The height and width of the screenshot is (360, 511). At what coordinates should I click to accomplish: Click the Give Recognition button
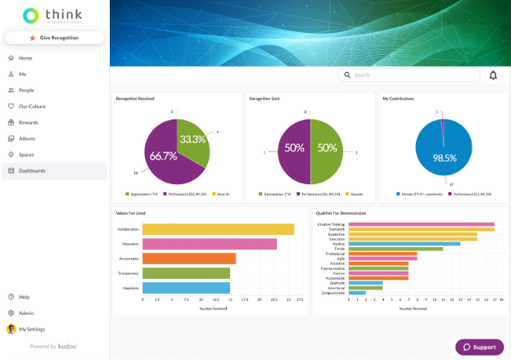click(54, 38)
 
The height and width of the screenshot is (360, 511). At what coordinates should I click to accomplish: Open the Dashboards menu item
click(32, 170)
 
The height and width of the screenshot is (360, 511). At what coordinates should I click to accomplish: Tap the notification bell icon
click(493, 75)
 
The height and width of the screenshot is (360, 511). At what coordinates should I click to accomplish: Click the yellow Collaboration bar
click(218, 229)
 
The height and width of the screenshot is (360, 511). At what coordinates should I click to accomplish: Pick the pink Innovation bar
click(209, 244)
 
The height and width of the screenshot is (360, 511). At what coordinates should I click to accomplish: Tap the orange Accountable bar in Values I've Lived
click(188, 259)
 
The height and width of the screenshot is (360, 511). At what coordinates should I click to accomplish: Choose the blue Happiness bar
click(186, 287)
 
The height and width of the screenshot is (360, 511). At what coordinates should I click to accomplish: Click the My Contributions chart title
click(398, 98)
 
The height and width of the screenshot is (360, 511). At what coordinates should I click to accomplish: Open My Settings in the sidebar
click(32, 329)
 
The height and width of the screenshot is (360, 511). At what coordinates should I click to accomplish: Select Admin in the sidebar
click(26, 313)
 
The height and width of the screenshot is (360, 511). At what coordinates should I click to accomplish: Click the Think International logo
click(54, 15)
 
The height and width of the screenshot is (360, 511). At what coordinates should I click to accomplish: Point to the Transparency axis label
click(128, 273)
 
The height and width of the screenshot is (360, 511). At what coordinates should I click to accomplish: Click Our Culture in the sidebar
click(33, 106)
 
